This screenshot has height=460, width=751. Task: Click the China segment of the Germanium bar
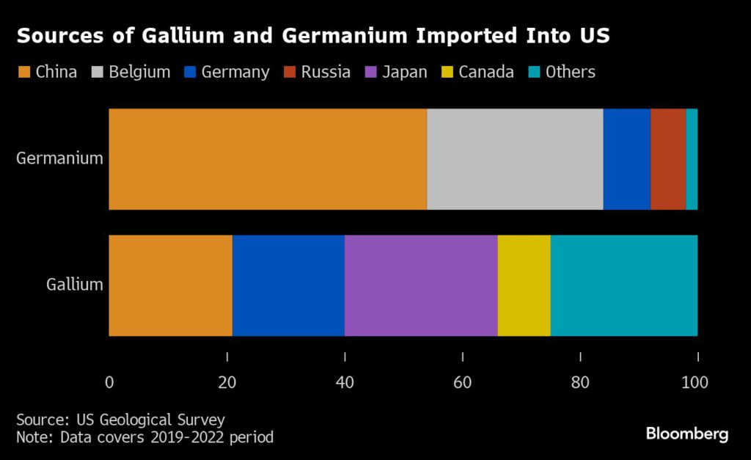[268, 159]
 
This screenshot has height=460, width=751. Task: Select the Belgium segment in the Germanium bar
[515, 159]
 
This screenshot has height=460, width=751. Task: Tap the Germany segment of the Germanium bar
[627, 159]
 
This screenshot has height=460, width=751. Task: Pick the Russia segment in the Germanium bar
[668, 159]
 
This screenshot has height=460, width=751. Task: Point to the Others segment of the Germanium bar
[692, 159]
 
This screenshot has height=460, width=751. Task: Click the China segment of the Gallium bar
[171, 285]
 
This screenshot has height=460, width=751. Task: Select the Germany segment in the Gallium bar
[288, 285]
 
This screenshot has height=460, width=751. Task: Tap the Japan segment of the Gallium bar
[421, 285]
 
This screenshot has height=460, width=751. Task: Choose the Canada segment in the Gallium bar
[524, 285]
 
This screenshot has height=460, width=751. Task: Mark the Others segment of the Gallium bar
[623, 285]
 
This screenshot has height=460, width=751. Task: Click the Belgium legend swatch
[98, 72]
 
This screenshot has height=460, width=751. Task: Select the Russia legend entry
[318, 72]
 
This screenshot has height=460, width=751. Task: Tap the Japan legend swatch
[371, 72]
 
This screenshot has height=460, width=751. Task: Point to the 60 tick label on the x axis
[462, 382]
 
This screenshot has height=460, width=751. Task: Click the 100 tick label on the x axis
[695, 382]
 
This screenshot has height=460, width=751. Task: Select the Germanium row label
[59, 158]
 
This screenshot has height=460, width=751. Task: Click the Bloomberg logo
[687, 434]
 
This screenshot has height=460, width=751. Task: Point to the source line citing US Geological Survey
[121, 420]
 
